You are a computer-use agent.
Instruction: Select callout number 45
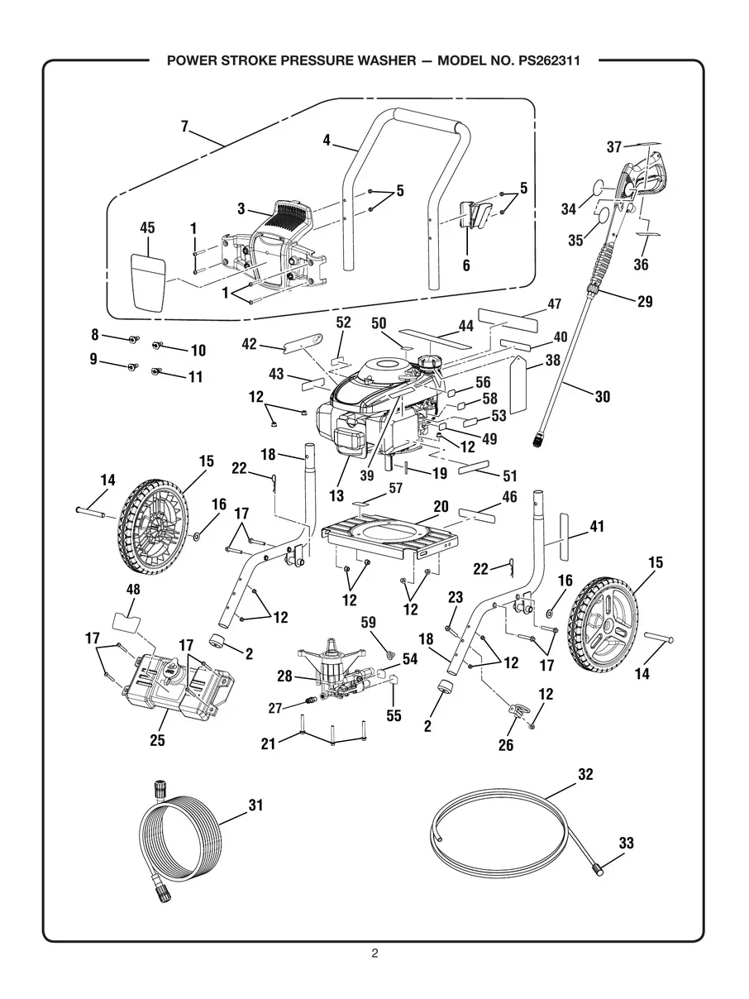(147, 228)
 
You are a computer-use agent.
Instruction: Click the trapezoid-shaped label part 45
(148, 282)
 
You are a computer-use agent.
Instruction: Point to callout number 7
(184, 127)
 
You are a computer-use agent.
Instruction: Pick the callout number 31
(255, 804)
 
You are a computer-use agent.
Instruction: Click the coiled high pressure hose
(178, 844)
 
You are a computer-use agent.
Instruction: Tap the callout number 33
(626, 844)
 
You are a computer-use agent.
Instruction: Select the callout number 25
(157, 740)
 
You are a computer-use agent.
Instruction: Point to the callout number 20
(441, 506)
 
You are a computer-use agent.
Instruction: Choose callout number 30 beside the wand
(602, 397)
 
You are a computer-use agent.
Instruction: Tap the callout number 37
(614, 147)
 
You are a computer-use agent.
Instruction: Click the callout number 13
(336, 495)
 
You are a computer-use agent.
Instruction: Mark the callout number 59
(369, 620)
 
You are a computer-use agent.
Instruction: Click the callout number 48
(132, 590)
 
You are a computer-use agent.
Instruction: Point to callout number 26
(505, 745)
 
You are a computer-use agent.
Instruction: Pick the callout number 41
(597, 525)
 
